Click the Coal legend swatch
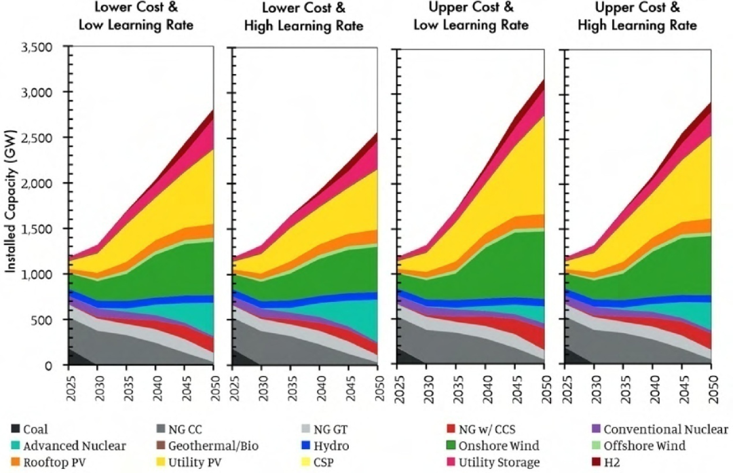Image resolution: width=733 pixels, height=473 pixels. pos(15,429)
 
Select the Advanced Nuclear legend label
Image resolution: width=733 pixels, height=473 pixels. pos(75,446)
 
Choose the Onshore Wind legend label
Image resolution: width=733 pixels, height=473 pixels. pos(500,446)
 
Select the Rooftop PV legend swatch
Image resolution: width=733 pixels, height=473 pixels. pos(15,463)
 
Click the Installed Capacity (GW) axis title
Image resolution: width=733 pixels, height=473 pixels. pos(12,206)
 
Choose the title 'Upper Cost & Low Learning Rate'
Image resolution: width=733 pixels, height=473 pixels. pos(470,18)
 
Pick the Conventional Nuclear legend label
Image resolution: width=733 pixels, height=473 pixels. pos(666,429)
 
